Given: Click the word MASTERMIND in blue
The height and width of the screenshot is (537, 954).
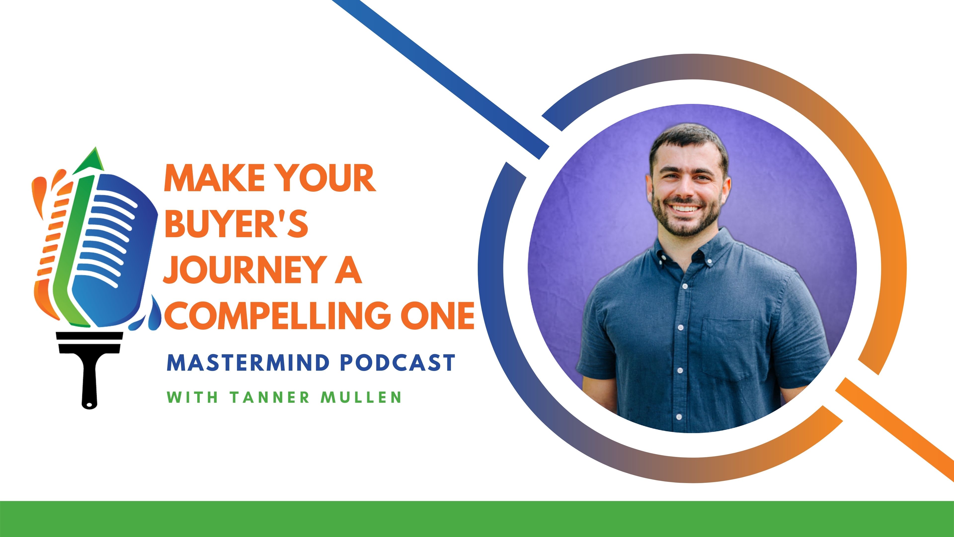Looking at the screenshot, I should [x=248, y=362].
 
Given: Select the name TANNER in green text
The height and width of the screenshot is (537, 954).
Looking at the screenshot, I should [x=269, y=397].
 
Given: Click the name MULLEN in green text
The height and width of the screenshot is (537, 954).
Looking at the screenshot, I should [x=361, y=397].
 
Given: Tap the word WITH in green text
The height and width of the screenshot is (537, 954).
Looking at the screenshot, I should [x=192, y=397].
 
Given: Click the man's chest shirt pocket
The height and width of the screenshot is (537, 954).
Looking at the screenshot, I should [x=728, y=348].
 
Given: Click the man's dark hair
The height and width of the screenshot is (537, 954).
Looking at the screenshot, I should [x=689, y=139].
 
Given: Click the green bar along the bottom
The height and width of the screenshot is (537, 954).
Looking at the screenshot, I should [x=477, y=519].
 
